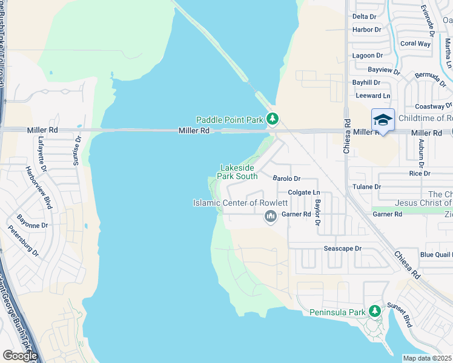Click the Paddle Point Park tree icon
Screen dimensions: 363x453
click(273, 119)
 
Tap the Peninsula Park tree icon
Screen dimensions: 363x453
click(375, 312)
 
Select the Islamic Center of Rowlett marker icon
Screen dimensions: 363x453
click(271, 216)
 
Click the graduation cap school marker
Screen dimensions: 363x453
click(383, 120)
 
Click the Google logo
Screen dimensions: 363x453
click(20, 355)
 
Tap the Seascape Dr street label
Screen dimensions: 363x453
click(342, 249)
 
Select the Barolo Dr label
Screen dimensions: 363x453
click(286, 178)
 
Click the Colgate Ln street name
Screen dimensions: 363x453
click(303, 192)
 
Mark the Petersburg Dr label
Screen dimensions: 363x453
click(22, 240)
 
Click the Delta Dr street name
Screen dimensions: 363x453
click(364, 16)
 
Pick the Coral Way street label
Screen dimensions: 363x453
click(415, 44)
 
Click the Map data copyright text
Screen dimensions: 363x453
click(428, 358)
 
